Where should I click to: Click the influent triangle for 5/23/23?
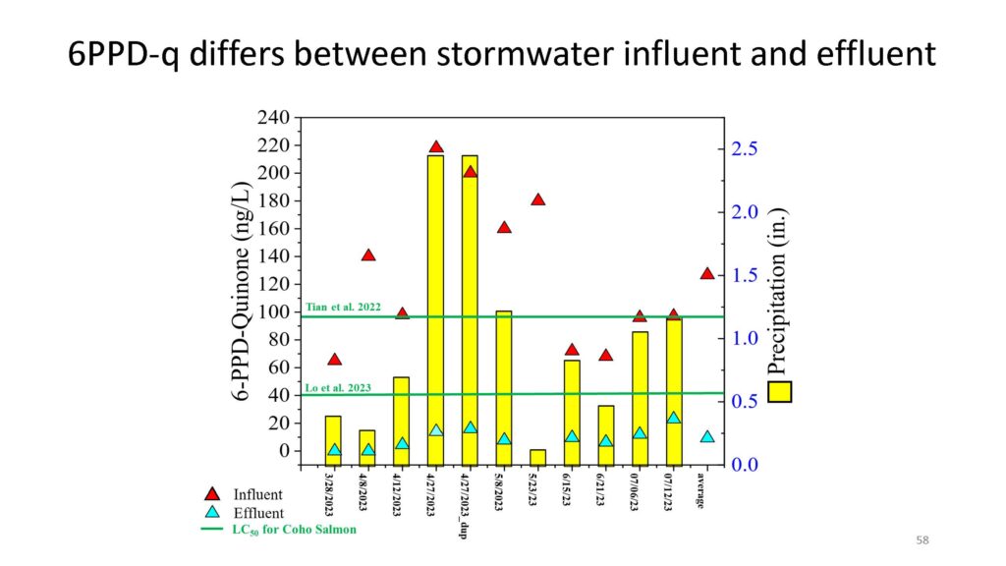pos(537,199)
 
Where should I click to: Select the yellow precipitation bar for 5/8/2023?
pos(504,388)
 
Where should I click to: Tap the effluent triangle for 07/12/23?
pos(673,418)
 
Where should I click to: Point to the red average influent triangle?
pos(707,274)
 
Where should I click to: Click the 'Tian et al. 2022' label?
pos(343,307)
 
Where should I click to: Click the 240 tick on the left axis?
pos(273,118)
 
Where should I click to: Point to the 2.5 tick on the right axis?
pos(745,149)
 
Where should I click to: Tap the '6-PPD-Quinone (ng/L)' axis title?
pos(241,291)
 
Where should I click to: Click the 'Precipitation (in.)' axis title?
pos(776,291)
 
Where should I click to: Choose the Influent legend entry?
pos(244,494)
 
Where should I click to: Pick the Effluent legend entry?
pos(244,513)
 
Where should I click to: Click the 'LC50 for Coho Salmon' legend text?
pos(294,530)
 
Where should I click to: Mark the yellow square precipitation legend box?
pos(779,391)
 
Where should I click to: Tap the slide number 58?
pos(922,540)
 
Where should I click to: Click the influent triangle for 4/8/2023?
pos(367,255)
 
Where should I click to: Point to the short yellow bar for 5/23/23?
pos(537,458)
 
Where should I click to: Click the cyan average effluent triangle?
pos(707,437)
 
